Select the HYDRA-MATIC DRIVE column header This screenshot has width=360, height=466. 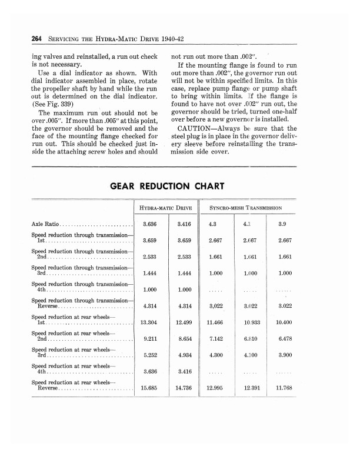[x=166, y=208]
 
